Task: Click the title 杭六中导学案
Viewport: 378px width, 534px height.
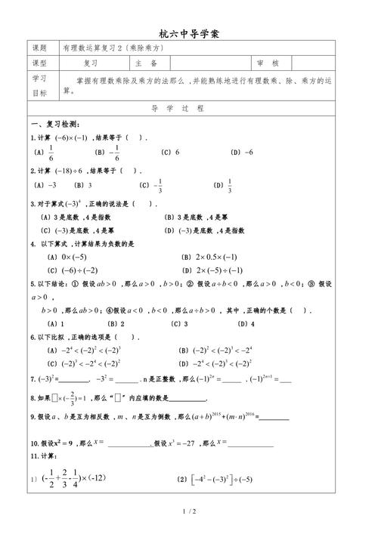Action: point(189,34)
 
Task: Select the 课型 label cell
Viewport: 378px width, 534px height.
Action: point(39,64)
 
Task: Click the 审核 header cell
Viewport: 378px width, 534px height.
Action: point(268,64)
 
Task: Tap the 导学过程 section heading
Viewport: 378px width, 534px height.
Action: point(189,108)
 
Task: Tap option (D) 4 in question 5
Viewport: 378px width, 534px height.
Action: point(246,323)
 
